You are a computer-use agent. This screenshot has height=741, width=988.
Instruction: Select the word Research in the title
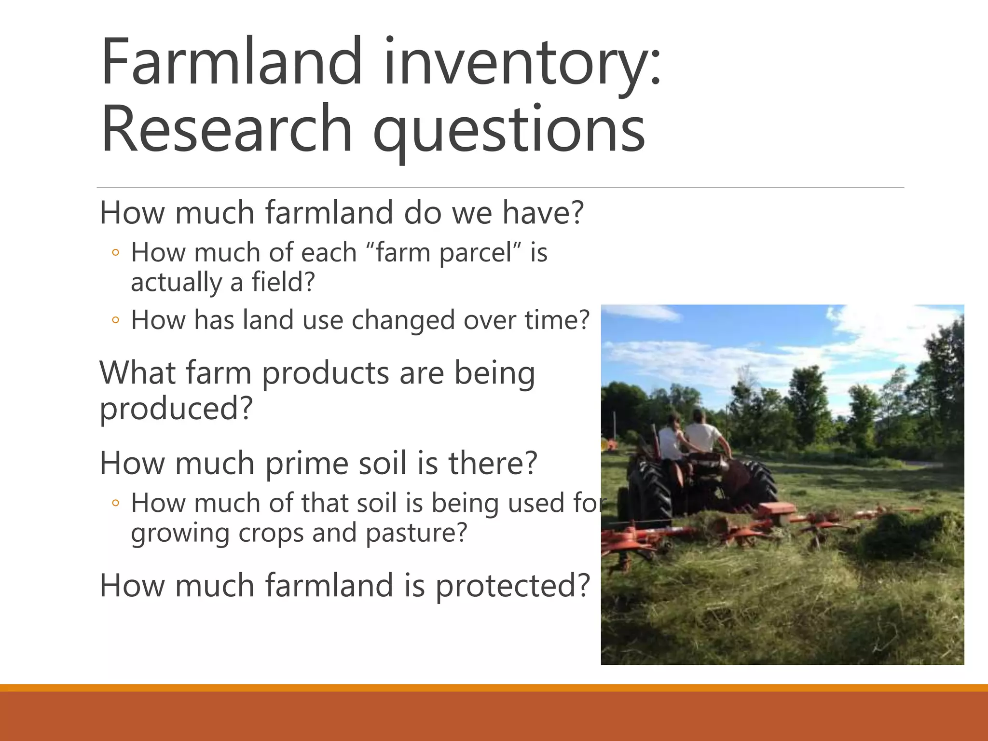227,129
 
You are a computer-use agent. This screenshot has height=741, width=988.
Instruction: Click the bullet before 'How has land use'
115,320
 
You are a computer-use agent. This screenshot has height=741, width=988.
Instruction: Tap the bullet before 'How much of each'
115,252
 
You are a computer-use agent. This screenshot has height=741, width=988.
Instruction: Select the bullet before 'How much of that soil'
115,503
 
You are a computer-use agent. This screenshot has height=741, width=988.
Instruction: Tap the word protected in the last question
513,586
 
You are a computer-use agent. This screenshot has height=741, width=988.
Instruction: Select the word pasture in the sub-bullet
416,533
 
